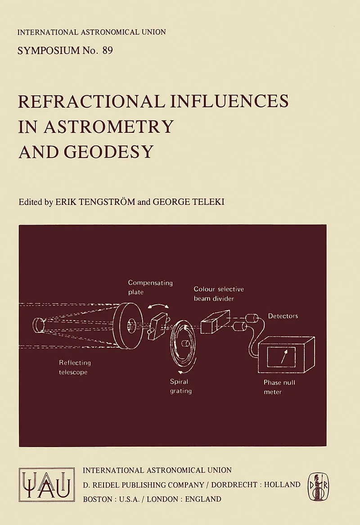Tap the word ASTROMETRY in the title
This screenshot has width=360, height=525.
[x=109, y=126]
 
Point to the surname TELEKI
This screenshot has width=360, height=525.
[x=206, y=202]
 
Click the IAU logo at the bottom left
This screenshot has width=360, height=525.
[x=47, y=484]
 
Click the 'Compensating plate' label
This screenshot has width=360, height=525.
[x=150, y=287]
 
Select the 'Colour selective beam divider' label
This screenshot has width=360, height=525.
[x=219, y=294]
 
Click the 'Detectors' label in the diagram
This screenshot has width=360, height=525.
[x=283, y=316]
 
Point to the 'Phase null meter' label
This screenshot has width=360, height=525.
[x=279, y=387]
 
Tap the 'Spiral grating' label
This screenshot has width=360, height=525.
[x=180, y=386]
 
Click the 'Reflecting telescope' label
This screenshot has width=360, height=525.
[x=75, y=367]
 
